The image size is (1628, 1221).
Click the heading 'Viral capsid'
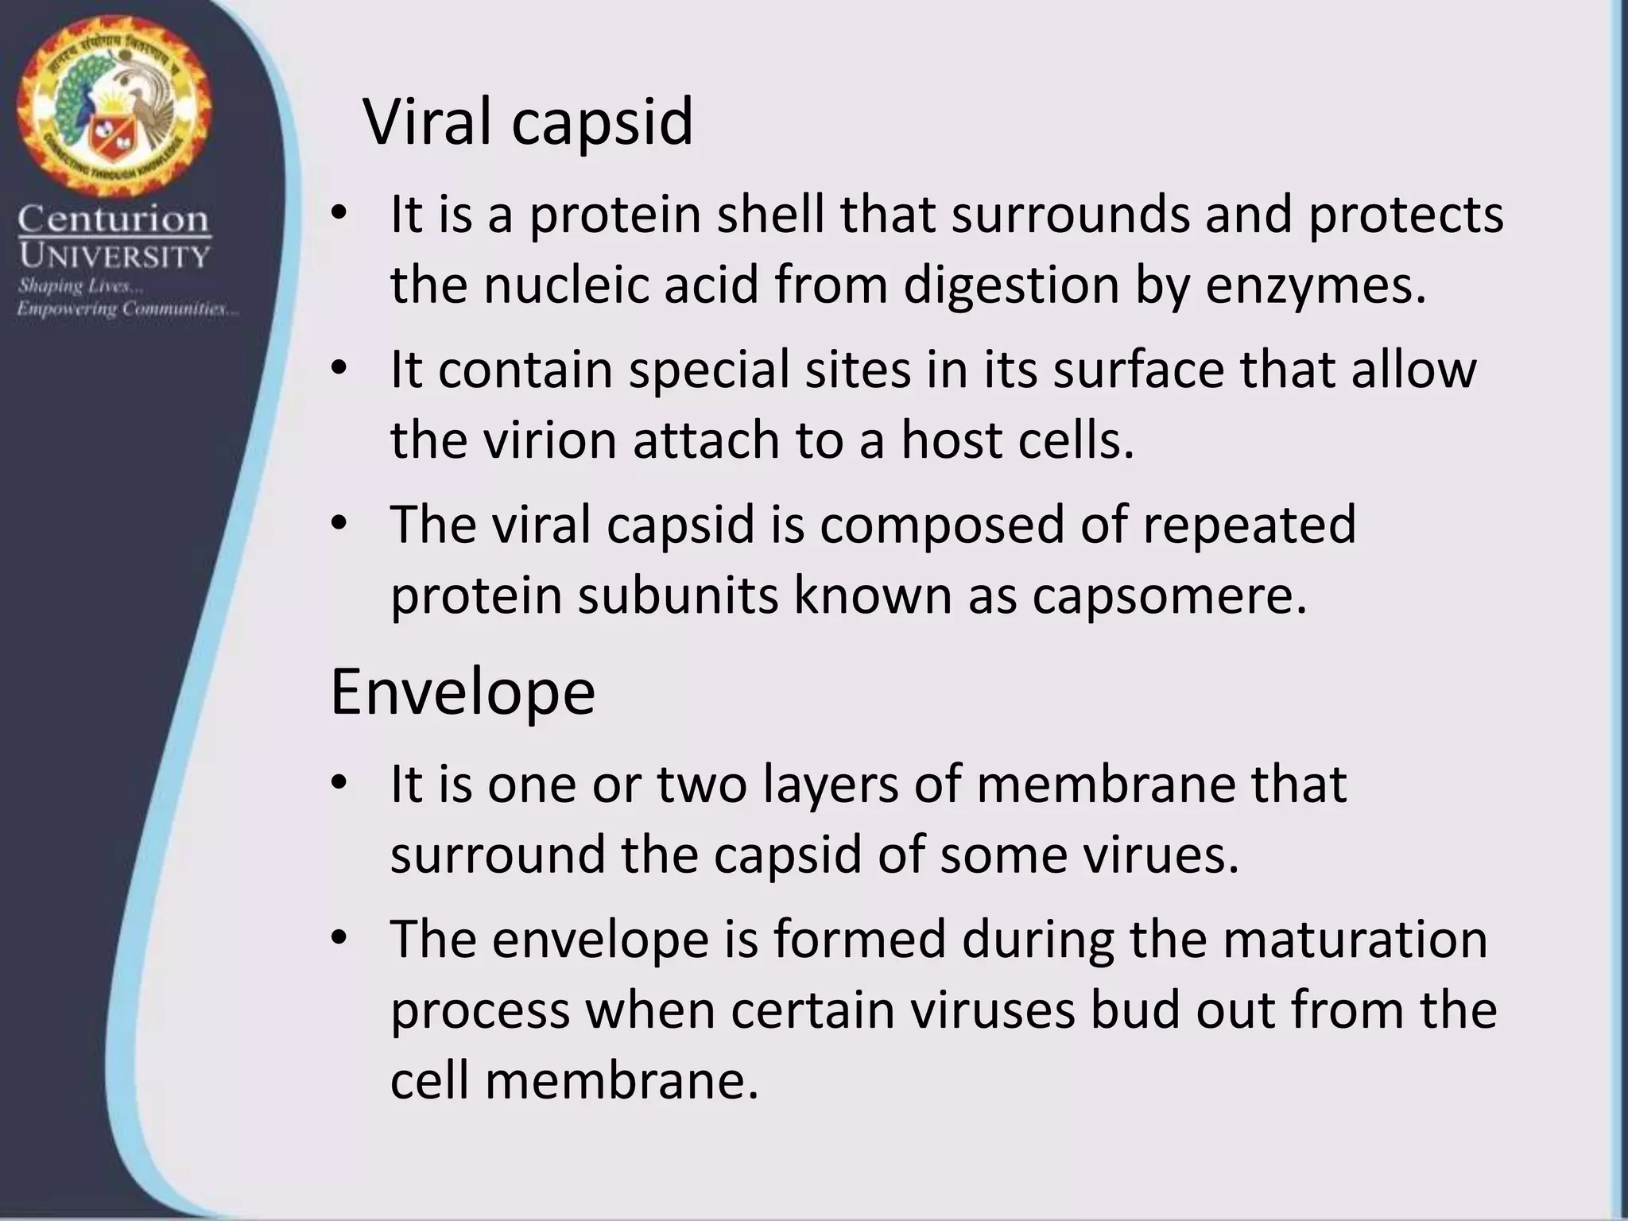pyautogui.click(x=528, y=122)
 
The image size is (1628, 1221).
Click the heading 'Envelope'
pyautogui.click(x=462, y=692)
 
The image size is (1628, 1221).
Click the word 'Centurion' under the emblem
pyautogui.click(x=114, y=219)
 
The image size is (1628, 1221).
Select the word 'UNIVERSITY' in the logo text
pyautogui.click(x=114, y=256)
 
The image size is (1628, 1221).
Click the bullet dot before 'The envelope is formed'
pyautogui.click(x=339, y=939)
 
